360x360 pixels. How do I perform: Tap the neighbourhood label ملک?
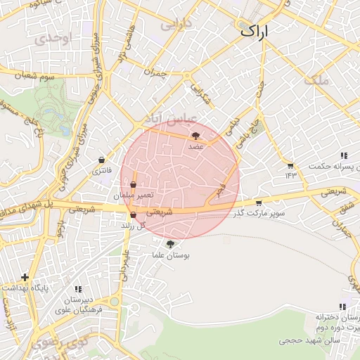(317, 80)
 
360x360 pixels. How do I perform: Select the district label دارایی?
(176, 25)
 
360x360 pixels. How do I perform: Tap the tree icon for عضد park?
(195, 136)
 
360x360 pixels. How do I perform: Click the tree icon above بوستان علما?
(169, 243)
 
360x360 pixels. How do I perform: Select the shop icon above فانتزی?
(103, 160)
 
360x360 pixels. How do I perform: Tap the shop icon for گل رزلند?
(133, 214)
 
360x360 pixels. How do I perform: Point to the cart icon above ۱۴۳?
(289, 164)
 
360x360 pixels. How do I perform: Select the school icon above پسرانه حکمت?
(343, 155)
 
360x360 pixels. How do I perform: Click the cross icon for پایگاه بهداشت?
(26, 277)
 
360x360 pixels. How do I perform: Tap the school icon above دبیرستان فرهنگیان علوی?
(79, 289)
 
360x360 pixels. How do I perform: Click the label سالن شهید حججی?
(309, 340)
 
